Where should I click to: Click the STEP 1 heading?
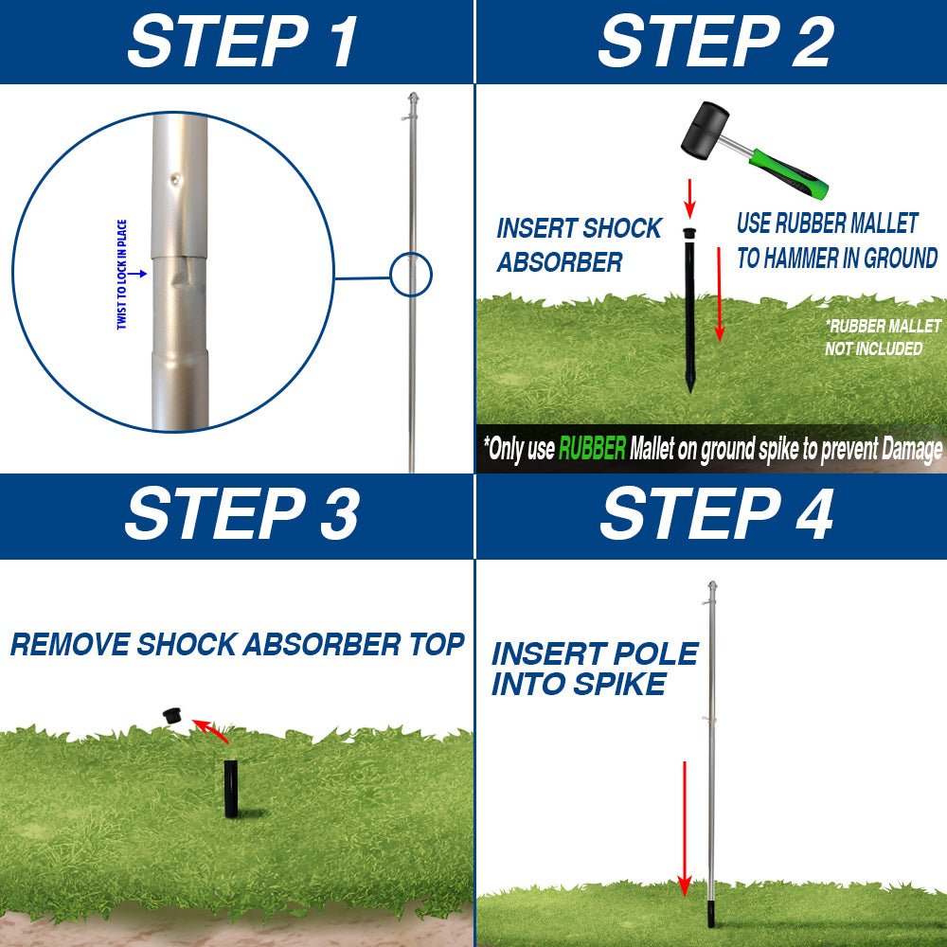(x=242, y=41)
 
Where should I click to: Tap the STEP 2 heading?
(x=715, y=41)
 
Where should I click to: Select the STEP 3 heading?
(x=241, y=514)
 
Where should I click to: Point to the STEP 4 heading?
(x=716, y=514)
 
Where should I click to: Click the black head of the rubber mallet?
(x=706, y=130)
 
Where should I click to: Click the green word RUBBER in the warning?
(x=592, y=449)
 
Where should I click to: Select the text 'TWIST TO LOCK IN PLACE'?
(x=122, y=275)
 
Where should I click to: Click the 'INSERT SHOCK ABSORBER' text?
(x=579, y=245)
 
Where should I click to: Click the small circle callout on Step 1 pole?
(x=411, y=276)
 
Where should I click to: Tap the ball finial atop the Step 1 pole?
(x=411, y=99)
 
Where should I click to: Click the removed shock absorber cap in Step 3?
(x=172, y=715)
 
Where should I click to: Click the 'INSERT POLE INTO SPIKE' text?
(x=595, y=669)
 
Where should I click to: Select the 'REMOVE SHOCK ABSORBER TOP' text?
(x=237, y=645)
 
